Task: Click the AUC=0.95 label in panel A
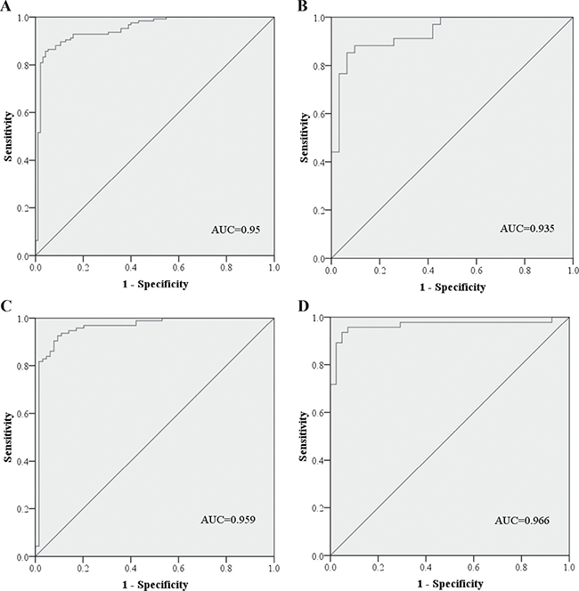[236, 230]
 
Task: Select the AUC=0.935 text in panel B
[527, 229]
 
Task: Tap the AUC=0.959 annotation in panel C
[228, 520]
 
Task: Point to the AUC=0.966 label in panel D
[522, 521]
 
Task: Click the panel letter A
[5, 6]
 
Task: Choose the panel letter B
[303, 6]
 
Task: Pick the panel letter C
[5, 306]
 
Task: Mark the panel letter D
[303, 306]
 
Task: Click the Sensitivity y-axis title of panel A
[8, 136]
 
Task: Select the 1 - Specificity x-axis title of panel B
[453, 287]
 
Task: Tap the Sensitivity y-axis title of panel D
[303, 436]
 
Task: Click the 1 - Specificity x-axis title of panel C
[155, 585]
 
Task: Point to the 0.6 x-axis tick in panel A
[178, 268]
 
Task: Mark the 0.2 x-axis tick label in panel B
[379, 271]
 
